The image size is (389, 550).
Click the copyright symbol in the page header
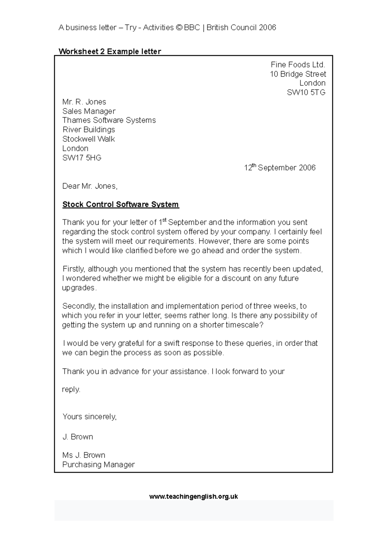pos(179,28)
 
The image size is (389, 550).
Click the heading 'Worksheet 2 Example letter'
pos(110,51)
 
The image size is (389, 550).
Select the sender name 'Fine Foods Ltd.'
pos(298,65)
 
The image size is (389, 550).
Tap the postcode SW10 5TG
pos(306,93)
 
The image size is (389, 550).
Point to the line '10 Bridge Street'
pos(298,74)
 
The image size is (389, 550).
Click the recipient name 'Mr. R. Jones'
pos(84,102)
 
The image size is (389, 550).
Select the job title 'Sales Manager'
pos(89,111)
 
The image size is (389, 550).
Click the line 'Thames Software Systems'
pos(109,120)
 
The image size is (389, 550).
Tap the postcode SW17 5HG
pos(82,158)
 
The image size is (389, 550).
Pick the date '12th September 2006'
pos(279,168)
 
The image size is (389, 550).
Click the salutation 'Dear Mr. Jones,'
pos(90,186)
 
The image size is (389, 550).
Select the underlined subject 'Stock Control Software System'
pos(121,205)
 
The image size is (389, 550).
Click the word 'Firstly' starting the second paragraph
pos(74,269)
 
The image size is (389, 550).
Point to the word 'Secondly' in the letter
pos(79,306)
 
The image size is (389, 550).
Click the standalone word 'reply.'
pos(71,390)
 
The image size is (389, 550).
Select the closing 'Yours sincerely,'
pos(89,417)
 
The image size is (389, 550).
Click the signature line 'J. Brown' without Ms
pos(78,437)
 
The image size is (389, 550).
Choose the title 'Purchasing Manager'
pos(98,465)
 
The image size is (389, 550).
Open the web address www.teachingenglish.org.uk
pos(194,496)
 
